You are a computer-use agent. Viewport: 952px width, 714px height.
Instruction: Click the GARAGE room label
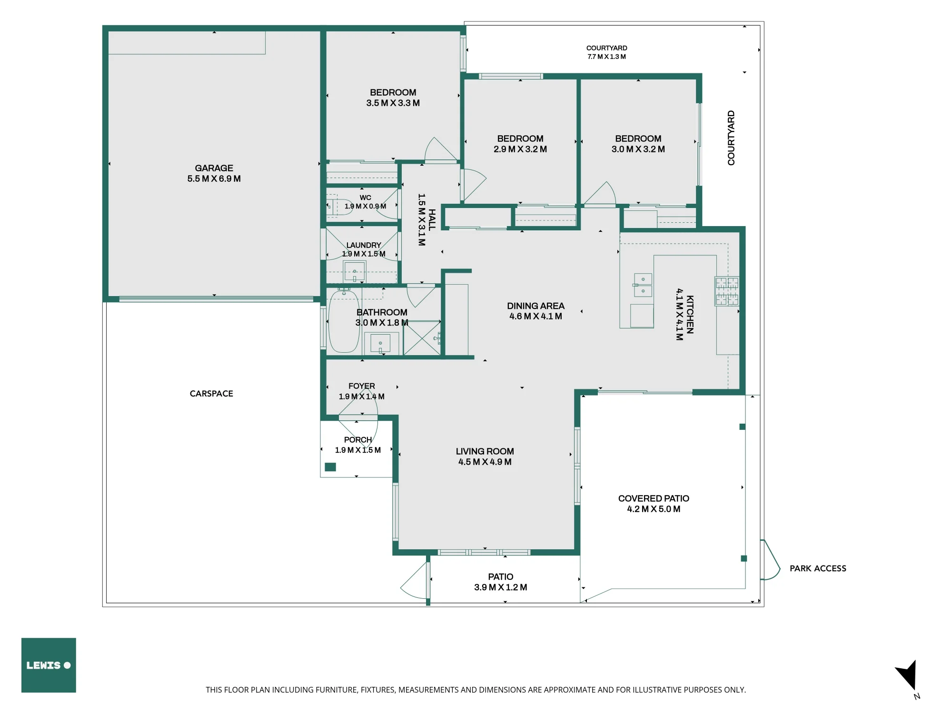click(x=214, y=168)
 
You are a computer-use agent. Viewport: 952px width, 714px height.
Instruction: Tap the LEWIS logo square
click(x=49, y=665)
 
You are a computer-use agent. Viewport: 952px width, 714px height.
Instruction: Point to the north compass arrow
click(x=907, y=675)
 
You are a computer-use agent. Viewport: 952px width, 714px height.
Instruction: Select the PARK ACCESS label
click(x=818, y=568)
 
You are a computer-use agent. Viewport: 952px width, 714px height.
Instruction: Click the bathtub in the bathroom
click(x=344, y=321)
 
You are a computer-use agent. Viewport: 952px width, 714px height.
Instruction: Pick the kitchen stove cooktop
click(x=727, y=291)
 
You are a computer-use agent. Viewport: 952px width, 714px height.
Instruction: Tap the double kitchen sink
click(x=643, y=285)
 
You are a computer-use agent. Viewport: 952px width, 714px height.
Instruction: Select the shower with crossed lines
click(x=422, y=338)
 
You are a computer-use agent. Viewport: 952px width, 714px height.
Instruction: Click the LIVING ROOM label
click(x=485, y=451)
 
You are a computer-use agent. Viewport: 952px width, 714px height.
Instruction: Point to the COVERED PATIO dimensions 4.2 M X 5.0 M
click(x=654, y=509)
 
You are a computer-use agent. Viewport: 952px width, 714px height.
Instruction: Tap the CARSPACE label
click(x=211, y=394)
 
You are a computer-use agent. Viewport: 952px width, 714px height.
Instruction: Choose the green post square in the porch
click(x=330, y=467)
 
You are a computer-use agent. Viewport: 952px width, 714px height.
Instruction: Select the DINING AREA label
click(x=535, y=306)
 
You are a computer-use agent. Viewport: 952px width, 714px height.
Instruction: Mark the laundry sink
click(x=354, y=272)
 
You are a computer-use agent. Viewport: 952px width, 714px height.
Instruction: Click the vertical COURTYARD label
click(x=731, y=138)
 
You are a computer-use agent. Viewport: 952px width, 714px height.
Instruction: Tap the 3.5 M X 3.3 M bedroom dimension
click(x=393, y=103)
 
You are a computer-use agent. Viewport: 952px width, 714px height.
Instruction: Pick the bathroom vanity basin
click(x=380, y=343)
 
